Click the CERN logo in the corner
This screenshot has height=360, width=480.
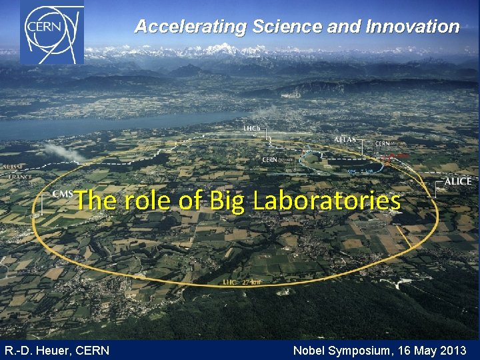(x=51, y=33)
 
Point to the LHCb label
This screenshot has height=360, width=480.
(x=252, y=128)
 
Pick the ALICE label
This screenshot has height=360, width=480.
(x=458, y=181)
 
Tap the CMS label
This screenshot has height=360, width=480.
(x=63, y=194)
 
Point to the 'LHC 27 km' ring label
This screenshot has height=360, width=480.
(x=243, y=282)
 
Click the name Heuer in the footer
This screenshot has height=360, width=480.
(x=51, y=350)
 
